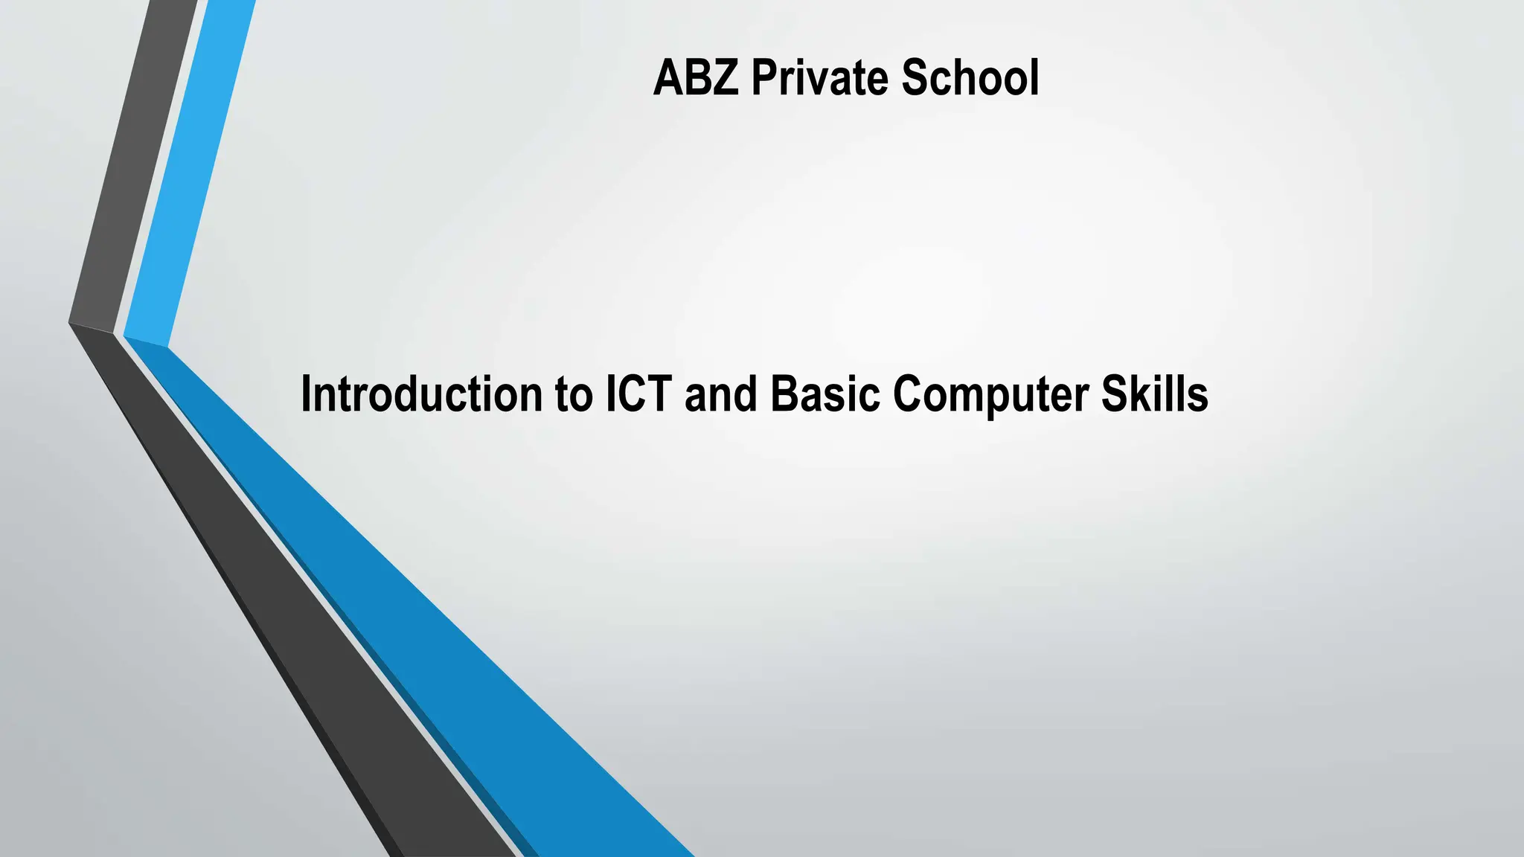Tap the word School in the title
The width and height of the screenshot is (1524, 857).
970,78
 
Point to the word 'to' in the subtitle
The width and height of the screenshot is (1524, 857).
574,395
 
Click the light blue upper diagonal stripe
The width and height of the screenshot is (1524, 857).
190,171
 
